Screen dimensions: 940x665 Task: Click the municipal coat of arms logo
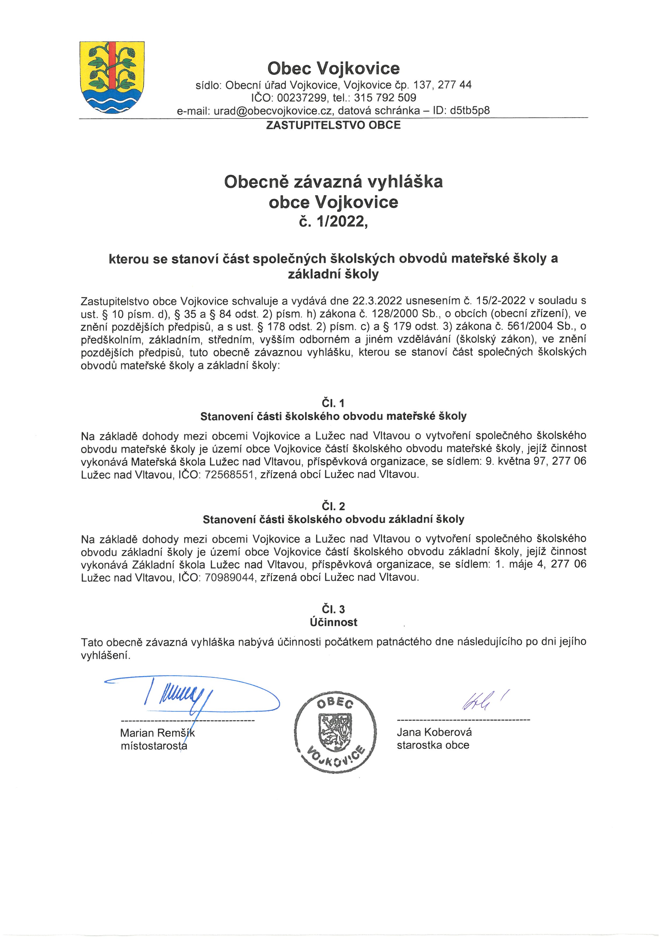coord(112,78)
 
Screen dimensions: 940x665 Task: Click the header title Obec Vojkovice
coord(333,68)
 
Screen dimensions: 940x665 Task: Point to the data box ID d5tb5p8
coord(470,110)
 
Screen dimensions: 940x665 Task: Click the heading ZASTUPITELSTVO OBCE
coord(333,125)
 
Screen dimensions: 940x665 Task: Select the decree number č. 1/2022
coord(333,221)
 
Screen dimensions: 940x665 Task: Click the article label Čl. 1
coord(333,403)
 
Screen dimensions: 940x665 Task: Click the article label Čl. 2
coord(333,506)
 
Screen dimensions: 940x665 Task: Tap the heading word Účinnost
coord(333,622)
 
